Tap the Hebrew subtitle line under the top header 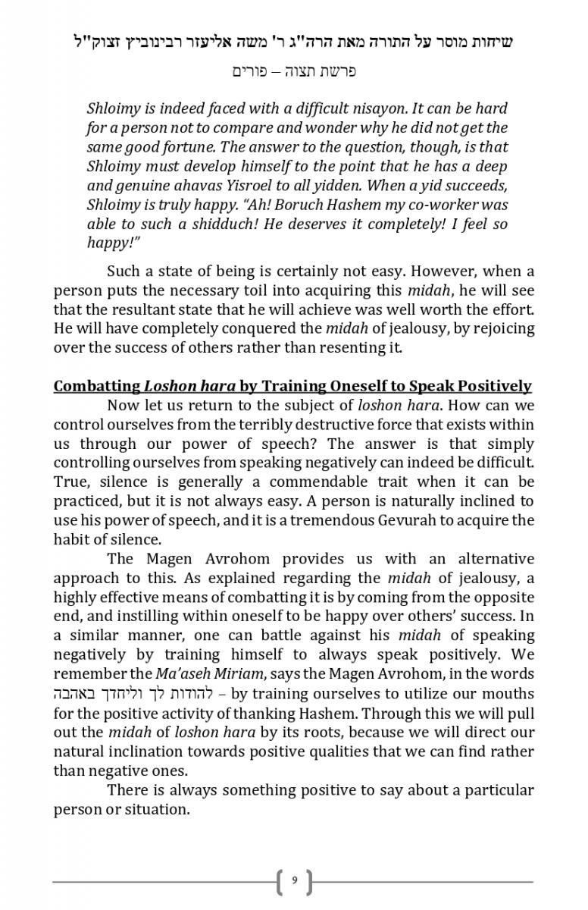click(x=293, y=71)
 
